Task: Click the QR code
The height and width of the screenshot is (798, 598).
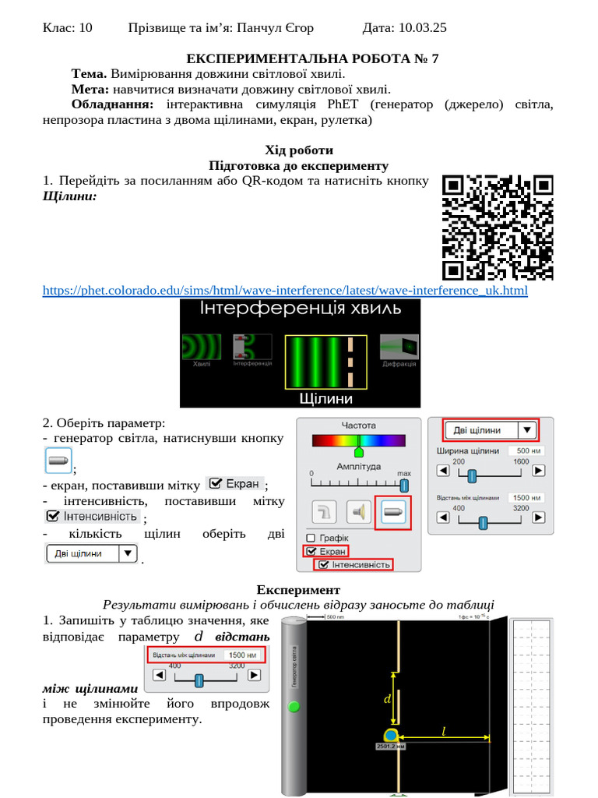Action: coord(498,227)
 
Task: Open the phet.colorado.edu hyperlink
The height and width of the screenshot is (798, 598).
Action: coord(285,291)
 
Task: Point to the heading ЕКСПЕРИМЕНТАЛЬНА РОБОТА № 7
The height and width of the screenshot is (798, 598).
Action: coord(312,59)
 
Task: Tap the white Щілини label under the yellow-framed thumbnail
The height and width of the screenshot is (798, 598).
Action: coord(326,398)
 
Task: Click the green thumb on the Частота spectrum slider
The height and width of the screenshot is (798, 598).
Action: coord(359,450)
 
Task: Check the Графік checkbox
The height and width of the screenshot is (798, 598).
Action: coord(311,538)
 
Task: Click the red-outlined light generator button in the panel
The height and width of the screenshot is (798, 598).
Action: coord(392,512)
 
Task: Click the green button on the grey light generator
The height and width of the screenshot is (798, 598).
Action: coord(294,707)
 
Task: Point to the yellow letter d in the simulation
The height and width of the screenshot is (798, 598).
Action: coord(387,700)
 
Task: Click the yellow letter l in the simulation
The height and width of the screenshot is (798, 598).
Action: coord(445,731)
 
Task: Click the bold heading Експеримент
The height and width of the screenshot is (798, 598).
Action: coord(299,590)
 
